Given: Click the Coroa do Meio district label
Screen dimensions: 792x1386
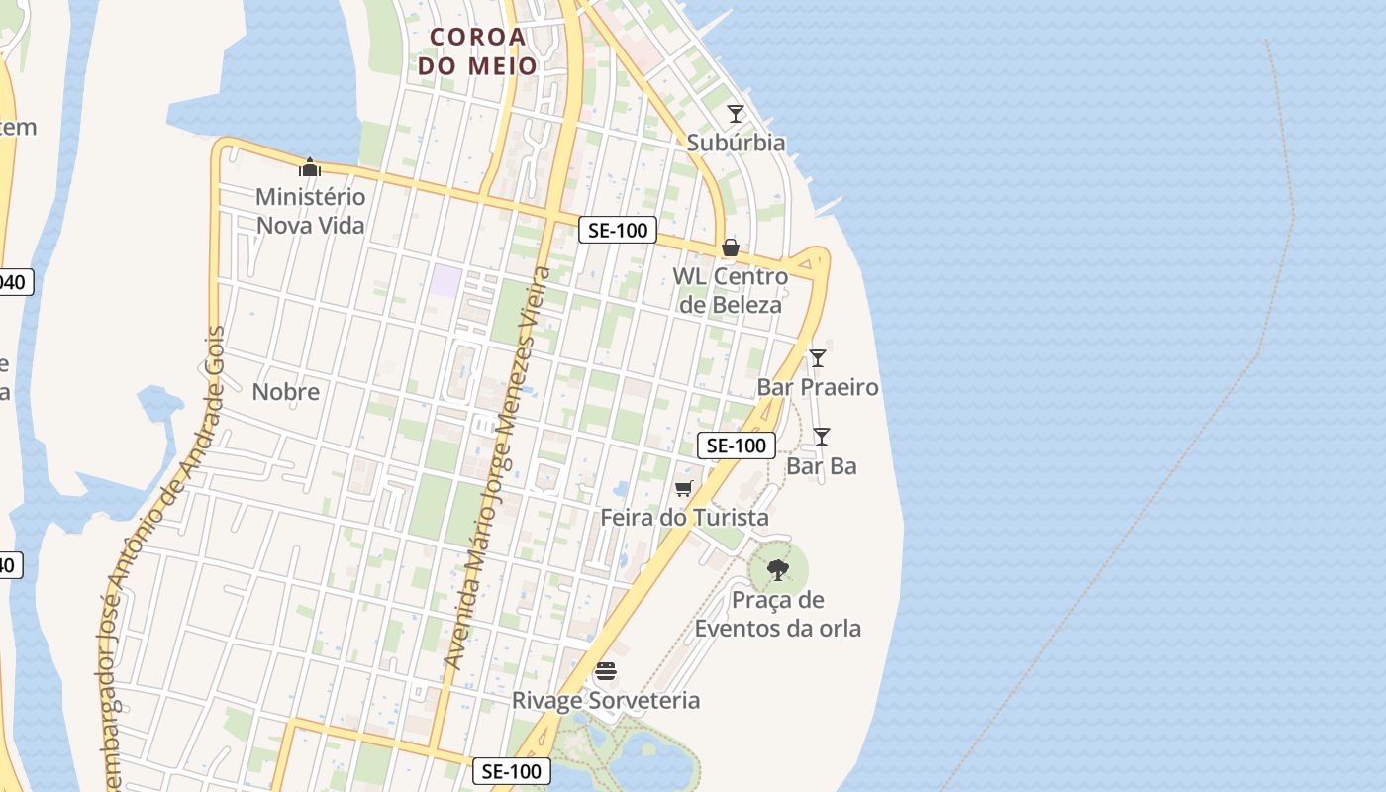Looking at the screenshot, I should coord(477,51).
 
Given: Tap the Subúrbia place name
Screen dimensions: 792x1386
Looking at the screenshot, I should coord(736,143).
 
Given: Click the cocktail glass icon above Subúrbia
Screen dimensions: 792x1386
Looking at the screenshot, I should coord(735,114).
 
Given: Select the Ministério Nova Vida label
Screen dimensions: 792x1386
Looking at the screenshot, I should coord(311,211).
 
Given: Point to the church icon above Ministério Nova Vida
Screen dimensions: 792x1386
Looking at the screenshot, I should coord(310,167).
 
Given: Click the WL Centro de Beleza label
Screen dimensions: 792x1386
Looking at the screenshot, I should coord(730,290).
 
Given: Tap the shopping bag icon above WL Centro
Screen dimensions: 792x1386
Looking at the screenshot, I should coord(730,247).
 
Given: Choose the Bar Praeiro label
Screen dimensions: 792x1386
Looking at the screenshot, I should coord(818,387).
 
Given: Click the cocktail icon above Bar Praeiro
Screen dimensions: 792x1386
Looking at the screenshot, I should coord(817,358).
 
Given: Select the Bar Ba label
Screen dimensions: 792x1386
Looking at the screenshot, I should coord(822,465).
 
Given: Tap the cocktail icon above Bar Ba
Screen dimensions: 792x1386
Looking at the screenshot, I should coord(821,436).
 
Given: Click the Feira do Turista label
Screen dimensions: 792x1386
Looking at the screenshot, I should coord(684,518).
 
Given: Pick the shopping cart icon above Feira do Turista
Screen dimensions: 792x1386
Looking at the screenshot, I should coord(683,488).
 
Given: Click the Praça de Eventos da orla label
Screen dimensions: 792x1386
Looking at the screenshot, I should coord(777,614).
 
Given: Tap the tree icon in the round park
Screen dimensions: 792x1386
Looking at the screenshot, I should coord(778,569).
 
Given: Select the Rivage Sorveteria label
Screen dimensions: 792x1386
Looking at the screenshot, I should coord(605,701).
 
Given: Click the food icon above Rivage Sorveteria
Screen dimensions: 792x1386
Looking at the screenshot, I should coord(606,672).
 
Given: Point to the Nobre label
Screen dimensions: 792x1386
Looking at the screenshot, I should coord(285,391).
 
